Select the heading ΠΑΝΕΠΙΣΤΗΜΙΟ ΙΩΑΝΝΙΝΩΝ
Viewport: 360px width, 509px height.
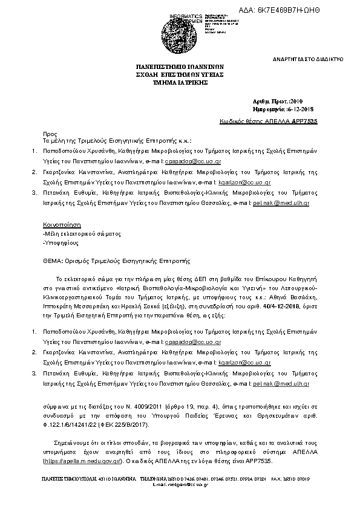click(180, 68)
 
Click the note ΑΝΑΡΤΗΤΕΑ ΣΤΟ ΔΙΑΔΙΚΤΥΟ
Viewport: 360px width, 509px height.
click(308, 60)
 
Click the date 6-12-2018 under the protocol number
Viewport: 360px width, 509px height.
click(296, 109)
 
